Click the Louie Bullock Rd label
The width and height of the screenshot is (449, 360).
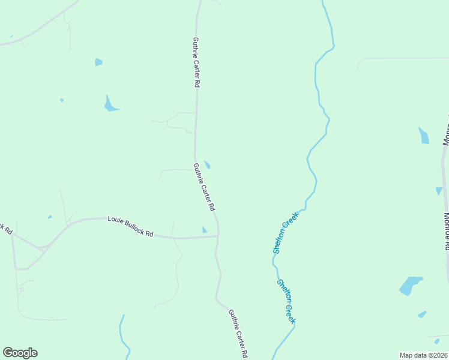point(130,227)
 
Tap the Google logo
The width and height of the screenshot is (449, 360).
point(20,353)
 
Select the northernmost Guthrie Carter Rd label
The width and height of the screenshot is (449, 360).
point(196,63)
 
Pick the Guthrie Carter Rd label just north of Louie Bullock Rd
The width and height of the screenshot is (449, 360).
point(204,187)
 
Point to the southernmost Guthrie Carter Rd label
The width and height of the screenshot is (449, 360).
point(238,334)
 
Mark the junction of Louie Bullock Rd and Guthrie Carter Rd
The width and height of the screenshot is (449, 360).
point(217,236)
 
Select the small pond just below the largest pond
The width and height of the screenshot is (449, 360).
point(422,314)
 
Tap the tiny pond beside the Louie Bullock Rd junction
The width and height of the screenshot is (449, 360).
point(205,230)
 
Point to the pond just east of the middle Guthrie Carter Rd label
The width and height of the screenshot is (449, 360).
point(207,164)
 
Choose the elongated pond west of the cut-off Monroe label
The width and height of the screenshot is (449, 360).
point(424,136)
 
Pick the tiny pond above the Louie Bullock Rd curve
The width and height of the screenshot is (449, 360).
point(50,217)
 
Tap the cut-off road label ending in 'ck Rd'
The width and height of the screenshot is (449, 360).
point(5,228)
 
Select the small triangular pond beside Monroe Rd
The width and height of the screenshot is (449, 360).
point(439,191)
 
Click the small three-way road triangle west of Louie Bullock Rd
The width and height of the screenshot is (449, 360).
point(42,247)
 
